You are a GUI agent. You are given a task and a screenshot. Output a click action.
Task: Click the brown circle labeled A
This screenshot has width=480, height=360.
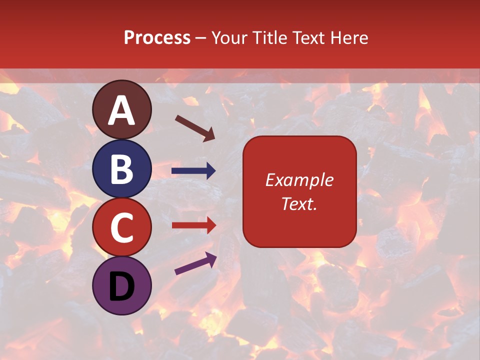122,109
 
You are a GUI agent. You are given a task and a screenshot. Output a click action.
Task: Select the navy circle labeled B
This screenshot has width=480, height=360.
122,168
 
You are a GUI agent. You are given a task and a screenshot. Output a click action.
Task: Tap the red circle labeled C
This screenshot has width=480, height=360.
122,227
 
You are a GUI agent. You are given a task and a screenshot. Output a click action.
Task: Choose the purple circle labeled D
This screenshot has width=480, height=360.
122,285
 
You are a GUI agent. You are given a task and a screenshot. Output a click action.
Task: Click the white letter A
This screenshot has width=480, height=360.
122,110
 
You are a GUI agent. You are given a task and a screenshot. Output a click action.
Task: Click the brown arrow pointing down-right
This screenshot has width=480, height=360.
195,128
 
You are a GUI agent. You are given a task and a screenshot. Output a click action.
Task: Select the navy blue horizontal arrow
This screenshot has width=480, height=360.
193,171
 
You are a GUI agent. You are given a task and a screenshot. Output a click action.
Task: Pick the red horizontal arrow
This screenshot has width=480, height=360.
193,225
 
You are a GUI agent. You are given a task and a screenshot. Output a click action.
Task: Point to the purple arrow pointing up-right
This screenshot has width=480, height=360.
195,263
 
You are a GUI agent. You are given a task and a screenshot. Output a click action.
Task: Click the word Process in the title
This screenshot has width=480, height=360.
157,38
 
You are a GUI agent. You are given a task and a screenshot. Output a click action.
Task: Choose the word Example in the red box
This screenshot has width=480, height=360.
299,180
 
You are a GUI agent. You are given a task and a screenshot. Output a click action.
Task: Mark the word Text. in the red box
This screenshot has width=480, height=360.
299,203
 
